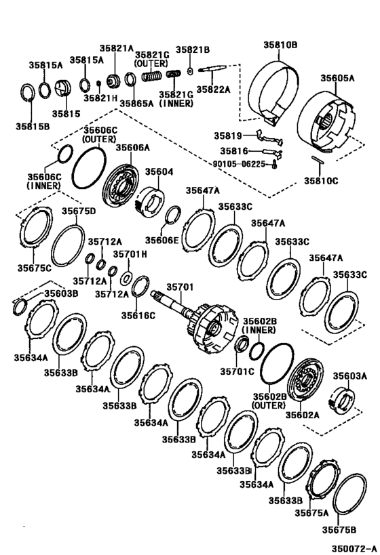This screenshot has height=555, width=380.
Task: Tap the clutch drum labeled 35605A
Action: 326,119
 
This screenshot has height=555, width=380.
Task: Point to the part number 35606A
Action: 132,147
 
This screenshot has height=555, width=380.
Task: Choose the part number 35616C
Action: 138,314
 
